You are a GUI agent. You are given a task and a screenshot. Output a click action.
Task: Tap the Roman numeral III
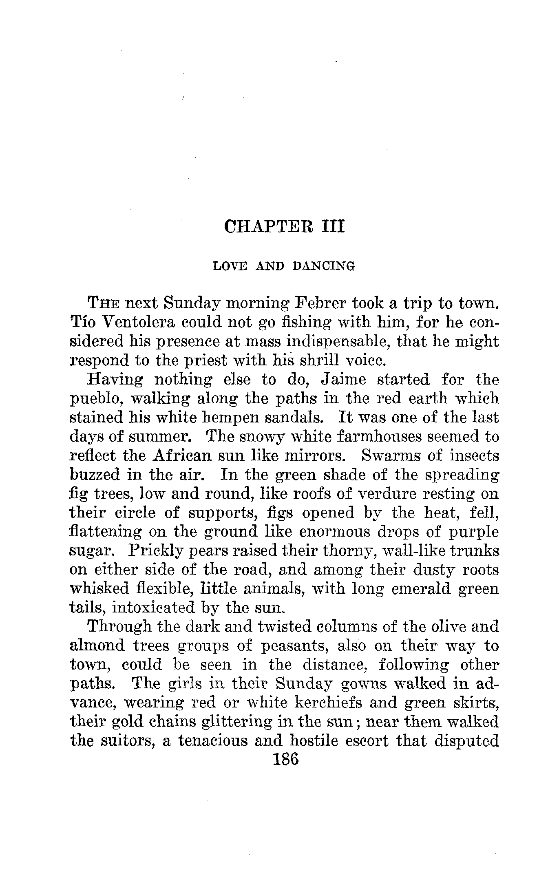point(333,226)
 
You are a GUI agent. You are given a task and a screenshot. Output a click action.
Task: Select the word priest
point(211,360)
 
